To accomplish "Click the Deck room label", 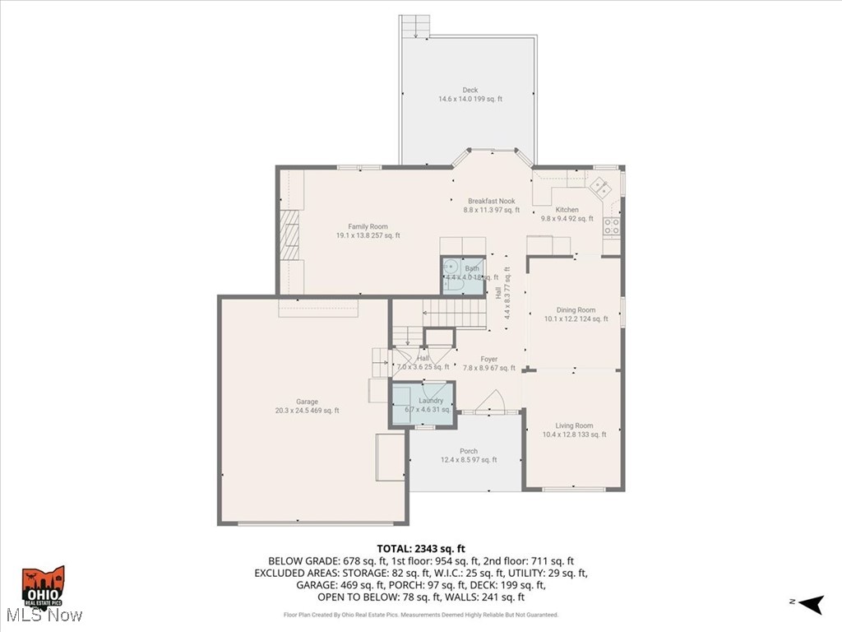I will click(x=470, y=91).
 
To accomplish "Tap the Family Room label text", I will click(x=368, y=227).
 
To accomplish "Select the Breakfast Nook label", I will click(x=492, y=202).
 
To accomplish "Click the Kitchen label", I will click(x=567, y=210).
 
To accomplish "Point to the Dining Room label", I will click(x=576, y=310).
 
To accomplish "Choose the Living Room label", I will click(x=574, y=425).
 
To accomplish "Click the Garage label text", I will click(x=307, y=402).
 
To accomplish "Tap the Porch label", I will click(x=469, y=451).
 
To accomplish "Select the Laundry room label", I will click(x=431, y=401).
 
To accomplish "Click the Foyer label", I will click(x=489, y=360).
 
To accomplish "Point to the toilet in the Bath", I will click(x=451, y=267).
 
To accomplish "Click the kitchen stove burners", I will click(x=612, y=226).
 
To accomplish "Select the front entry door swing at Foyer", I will click(x=493, y=401).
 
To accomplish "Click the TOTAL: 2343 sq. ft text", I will click(x=421, y=548).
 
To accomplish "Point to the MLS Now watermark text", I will click(x=43, y=616).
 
